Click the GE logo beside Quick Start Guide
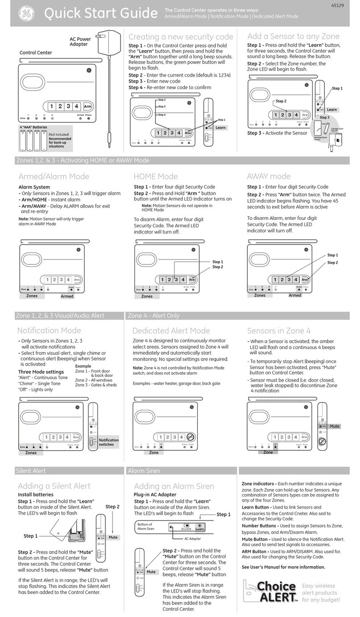coord(26,14)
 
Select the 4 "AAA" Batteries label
coord(33,128)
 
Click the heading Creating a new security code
coord(180,37)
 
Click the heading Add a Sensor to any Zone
coord(293,36)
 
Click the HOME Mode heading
coord(155,176)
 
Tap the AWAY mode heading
coord(268,176)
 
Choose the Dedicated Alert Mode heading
coord(171,330)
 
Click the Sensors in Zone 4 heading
coord(279,330)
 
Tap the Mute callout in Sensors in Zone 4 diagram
coord(334,426)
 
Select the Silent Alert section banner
coord(31,470)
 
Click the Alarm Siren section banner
coord(143,470)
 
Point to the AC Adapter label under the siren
coord(192,539)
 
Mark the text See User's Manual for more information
coord(283,567)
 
